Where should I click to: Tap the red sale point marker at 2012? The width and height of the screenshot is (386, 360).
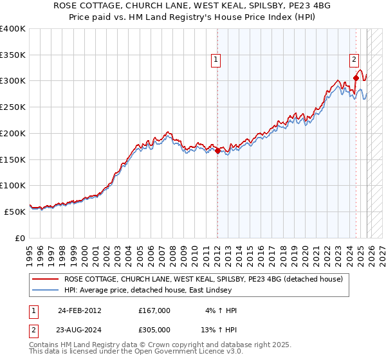pyautogui.click(x=217, y=151)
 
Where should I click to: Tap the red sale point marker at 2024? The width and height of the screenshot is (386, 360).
pyautogui.click(x=356, y=79)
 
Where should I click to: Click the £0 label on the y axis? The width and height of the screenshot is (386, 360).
pyautogui.click(x=19, y=238)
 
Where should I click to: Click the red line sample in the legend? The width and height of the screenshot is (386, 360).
pyautogui.click(x=45, y=279)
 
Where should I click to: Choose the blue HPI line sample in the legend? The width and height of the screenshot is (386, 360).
pyautogui.click(x=45, y=291)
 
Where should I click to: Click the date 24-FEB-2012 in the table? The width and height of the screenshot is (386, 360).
pyautogui.click(x=79, y=310)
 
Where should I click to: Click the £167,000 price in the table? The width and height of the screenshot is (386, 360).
pyautogui.click(x=154, y=310)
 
